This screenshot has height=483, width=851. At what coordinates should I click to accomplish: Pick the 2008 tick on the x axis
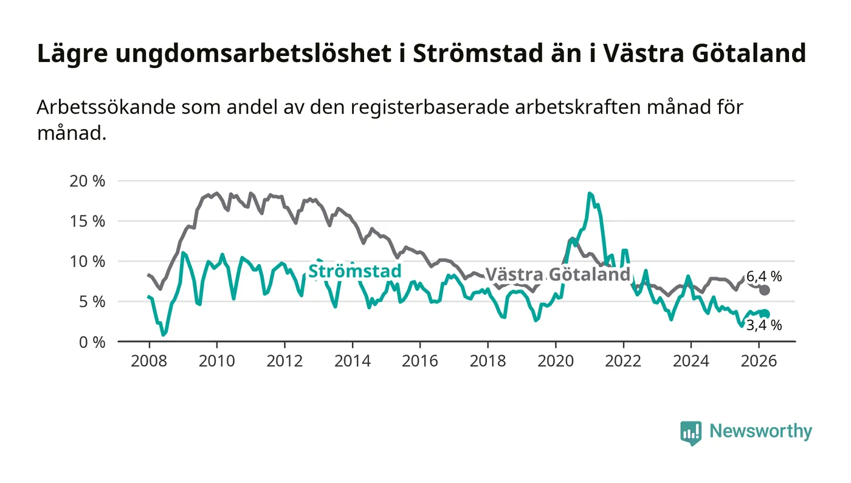pos(149,360)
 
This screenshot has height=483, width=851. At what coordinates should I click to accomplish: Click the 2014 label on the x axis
pos(353,360)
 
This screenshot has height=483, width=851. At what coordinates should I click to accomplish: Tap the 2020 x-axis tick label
pos(556,360)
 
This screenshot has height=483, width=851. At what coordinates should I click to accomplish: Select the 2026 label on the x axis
pos(759,360)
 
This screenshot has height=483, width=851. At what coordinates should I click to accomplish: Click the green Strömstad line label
pos(355,271)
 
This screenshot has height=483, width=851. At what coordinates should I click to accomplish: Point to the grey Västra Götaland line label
pos(557,274)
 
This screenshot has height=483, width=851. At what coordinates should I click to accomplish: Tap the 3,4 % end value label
pos(764,325)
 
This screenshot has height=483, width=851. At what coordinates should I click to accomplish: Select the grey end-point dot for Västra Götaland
pos(765,290)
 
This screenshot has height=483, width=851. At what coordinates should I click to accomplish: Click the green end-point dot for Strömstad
pos(765,314)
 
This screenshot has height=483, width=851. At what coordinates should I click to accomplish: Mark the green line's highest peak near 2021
pos(590,193)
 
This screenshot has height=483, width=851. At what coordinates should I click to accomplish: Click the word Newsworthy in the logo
pos(760,431)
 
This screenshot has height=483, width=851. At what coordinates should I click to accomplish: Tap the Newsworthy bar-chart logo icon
pos(691,433)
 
